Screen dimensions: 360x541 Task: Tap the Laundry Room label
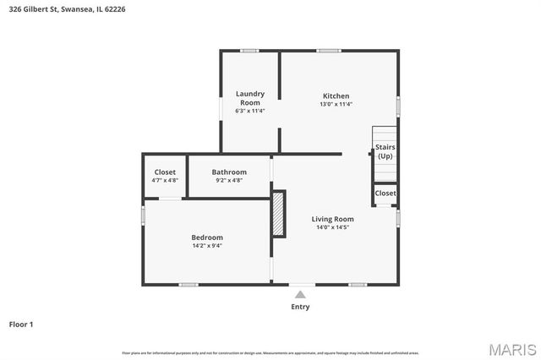click(249, 98)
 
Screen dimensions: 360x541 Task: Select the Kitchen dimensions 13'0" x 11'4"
click(336, 105)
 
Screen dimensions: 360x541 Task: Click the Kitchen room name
click(336, 95)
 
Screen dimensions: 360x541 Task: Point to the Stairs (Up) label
click(385, 151)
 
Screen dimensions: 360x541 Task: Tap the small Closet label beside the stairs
click(385, 194)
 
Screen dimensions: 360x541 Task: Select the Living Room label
click(332, 219)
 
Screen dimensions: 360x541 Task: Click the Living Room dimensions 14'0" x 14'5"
click(332, 227)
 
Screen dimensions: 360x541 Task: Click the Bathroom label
click(229, 172)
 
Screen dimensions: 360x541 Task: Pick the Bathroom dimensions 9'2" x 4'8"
click(229, 180)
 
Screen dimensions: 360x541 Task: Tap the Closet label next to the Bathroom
click(165, 172)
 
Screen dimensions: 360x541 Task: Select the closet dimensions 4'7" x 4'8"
click(165, 180)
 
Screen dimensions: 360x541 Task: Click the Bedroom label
click(207, 237)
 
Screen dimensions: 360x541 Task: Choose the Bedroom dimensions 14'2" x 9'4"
click(207, 247)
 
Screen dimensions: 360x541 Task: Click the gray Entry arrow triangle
click(300, 294)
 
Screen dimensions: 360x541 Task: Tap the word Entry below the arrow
click(300, 307)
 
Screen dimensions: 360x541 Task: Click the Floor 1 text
click(21, 324)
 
